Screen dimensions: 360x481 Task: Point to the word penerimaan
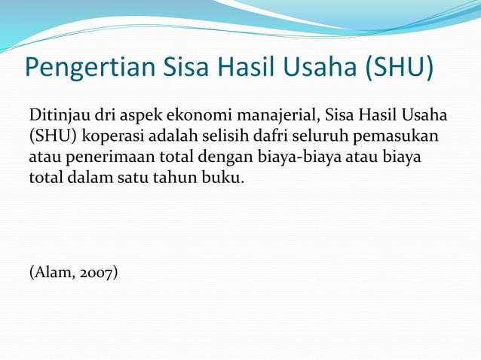pos(97,160)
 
